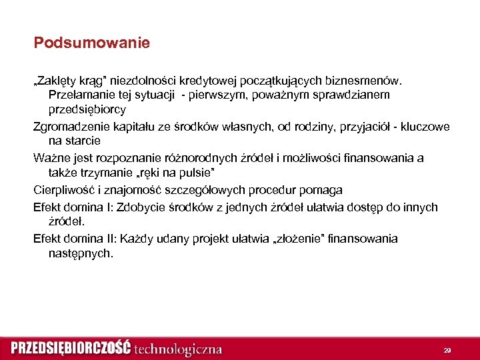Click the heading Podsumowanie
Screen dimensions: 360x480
click(92, 43)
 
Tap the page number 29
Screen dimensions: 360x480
click(447, 350)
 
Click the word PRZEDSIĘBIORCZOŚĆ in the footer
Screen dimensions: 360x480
click(70, 349)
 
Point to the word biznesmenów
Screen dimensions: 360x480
click(370, 81)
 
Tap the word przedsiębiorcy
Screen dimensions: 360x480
click(87, 109)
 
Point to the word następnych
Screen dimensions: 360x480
click(81, 253)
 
